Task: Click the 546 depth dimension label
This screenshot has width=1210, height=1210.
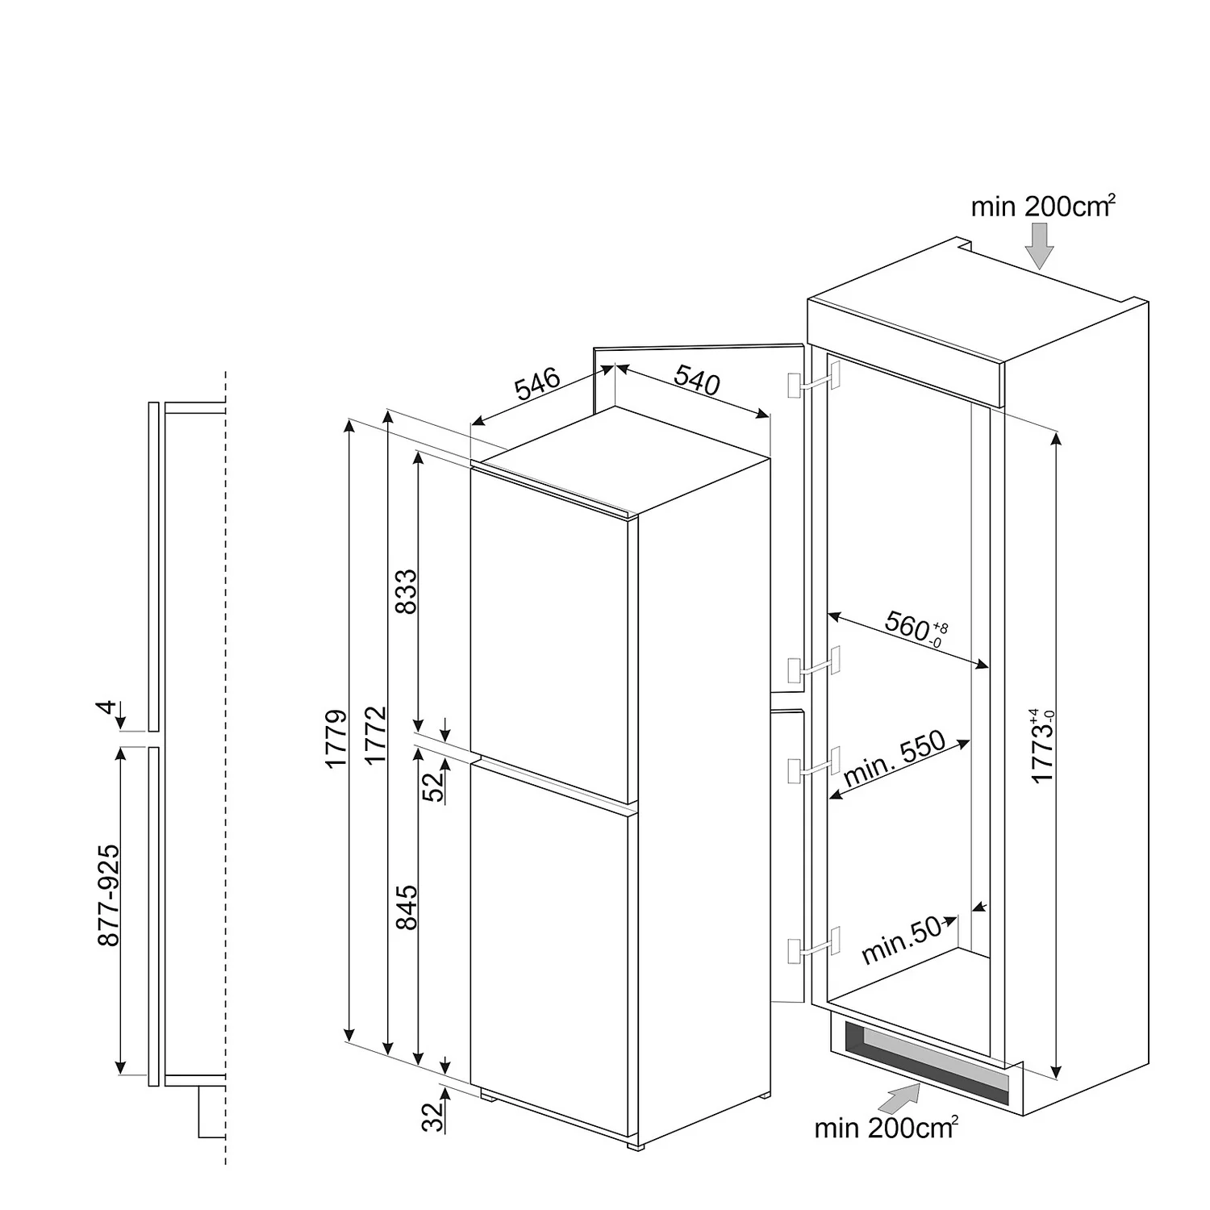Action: point(537,385)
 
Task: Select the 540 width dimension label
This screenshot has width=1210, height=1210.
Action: point(696,380)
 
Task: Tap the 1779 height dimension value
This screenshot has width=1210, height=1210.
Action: point(336,738)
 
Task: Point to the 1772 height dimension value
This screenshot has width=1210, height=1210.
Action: point(375,736)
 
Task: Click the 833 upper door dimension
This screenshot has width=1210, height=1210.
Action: point(407,592)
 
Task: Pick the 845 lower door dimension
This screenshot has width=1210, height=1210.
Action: point(407,907)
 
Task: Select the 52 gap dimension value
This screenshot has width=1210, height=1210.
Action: point(435,786)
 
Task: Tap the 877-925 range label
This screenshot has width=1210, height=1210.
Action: point(108,895)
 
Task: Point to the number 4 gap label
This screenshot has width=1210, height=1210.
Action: point(106,708)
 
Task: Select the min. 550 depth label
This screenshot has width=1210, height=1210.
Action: point(894,761)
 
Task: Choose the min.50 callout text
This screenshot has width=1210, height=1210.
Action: point(901,941)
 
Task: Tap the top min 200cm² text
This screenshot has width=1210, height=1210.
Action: point(1043,206)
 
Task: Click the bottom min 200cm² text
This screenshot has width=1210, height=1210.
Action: point(886,1127)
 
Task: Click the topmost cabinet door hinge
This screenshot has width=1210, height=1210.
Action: point(814,379)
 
